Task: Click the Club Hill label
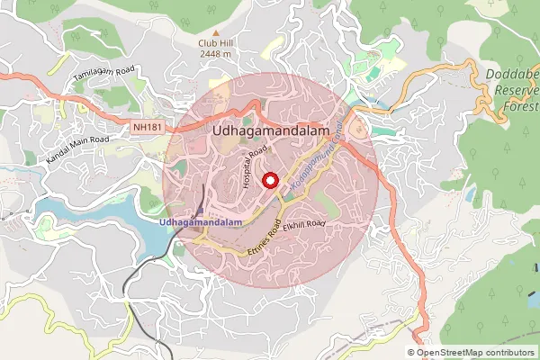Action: pos(215,42)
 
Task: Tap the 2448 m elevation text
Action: pos(215,54)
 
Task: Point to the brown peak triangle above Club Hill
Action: pos(215,31)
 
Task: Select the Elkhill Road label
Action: pos(302,226)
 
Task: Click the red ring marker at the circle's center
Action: pos(270,181)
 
